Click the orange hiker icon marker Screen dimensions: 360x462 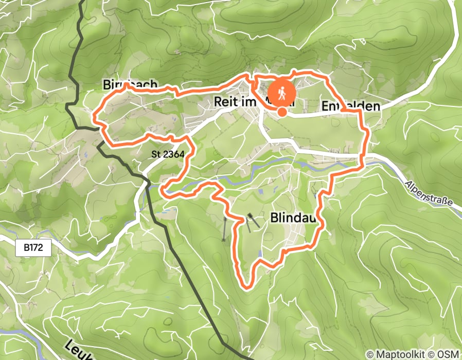click(x=282, y=93)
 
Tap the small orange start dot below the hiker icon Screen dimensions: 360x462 click(x=282, y=112)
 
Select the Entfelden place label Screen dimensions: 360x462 click(x=351, y=106)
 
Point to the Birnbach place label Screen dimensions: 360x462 click(x=129, y=84)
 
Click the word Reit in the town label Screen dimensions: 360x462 click(x=225, y=103)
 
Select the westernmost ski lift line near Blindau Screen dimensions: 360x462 click(x=224, y=229)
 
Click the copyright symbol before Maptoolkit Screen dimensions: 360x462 click(x=370, y=354)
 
